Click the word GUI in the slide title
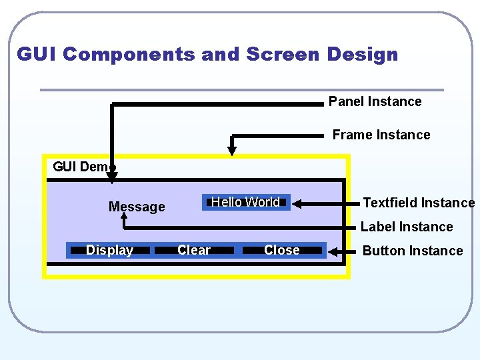pyautogui.click(x=37, y=54)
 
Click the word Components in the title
pyautogui.click(x=129, y=54)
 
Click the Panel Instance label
pyautogui.click(x=375, y=101)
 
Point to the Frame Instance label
pyautogui.click(x=381, y=135)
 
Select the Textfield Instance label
pyautogui.click(x=418, y=203)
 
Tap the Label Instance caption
pyautogui.click(x=406, y=227)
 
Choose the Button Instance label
pyautogui.click(x=412, y=251)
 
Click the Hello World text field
pyautogui.click(x=246, y=202)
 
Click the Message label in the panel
pyautogui.click(x=137, y=207)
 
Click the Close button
pyautogui.click(x=283, y=250)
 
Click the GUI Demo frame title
pyautogui.click(x=83, y=167)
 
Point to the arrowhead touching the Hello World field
pyautogui.click(x=297, y=202)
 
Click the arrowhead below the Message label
pyautogui.click(x=123, y=217)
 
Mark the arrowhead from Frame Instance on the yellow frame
pyautogui.click(x=233, y=150)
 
